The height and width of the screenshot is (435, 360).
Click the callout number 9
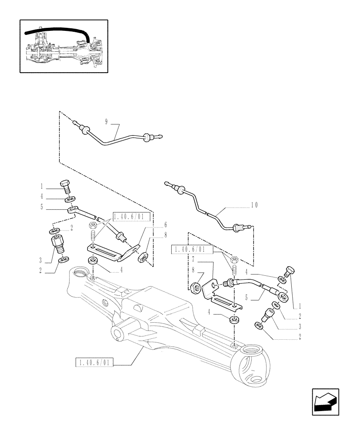pyautogui.click(x=106, y=121)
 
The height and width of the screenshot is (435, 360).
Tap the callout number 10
pyautogui.click(x=254, y=204)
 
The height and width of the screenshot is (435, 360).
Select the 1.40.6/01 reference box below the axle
pyautogui.click(x=94, y=362)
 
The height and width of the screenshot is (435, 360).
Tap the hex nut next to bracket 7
pyautogui.click(x=196, y=287)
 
